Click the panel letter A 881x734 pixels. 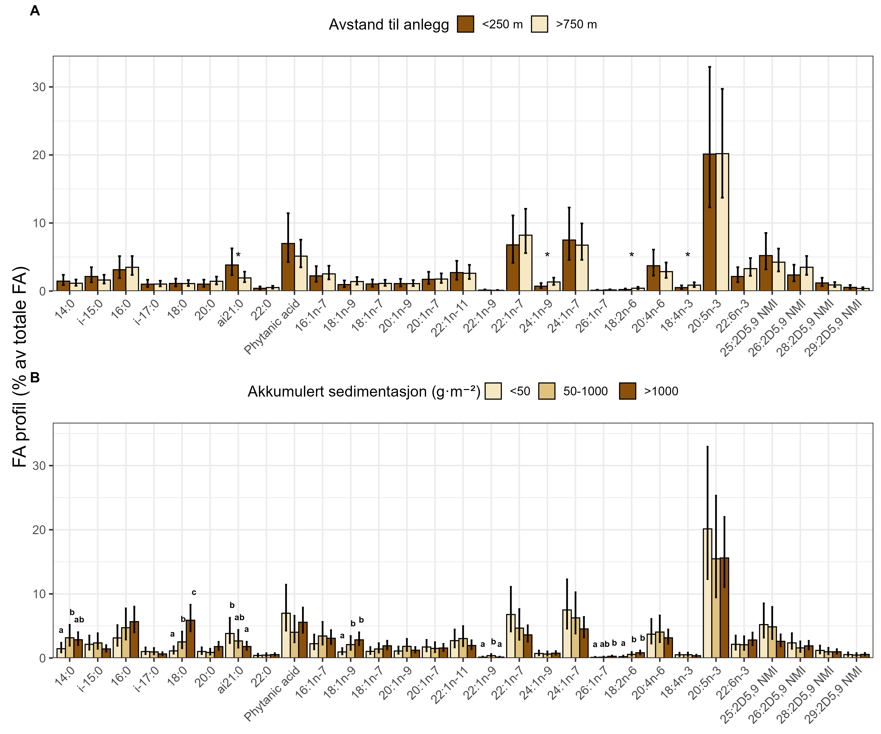click(x=35, y=11)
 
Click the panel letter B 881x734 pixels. click(x=35, y=378)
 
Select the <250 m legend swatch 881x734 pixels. click(x=465, y=24)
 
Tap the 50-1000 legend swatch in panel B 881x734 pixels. click(x=547, y=391)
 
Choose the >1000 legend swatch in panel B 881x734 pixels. click(x=628, y=391)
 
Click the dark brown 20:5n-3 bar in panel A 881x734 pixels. click(x=709, y=222)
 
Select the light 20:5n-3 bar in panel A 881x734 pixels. click(x=722, y=222)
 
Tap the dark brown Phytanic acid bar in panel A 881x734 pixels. click(x=288, y=267)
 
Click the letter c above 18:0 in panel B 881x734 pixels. click(x=194, y=593)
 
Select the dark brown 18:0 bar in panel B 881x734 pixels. click(x=190, y=639)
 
